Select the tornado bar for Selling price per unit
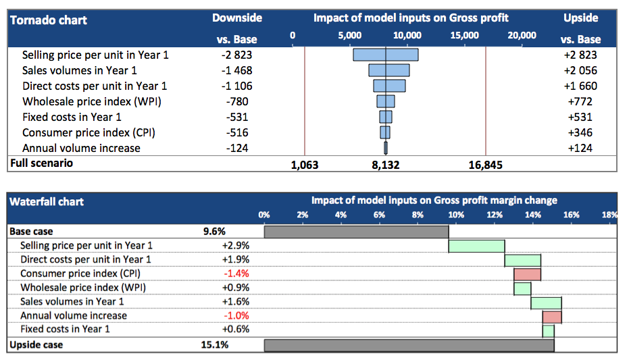click(x=385, y=55)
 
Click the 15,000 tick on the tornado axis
click(x=465, y=35)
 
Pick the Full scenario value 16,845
click(x=485, y=164)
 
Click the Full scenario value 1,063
click(x=304, y=164)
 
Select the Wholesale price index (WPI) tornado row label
click(x=92, y=101)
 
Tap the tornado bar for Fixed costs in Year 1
click(x=385, y=117)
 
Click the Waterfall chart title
click(x=46, y=201)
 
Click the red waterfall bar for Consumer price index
click(x=527, y=274)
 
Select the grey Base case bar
click(x=356, y=232)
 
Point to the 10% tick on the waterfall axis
click(x=456, y=215)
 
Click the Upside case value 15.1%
click(x=216, y=344)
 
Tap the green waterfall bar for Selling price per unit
click(x=476, y=246)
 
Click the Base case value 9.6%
click(x=214, y=231)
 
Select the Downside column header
click(x=236, y=18)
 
